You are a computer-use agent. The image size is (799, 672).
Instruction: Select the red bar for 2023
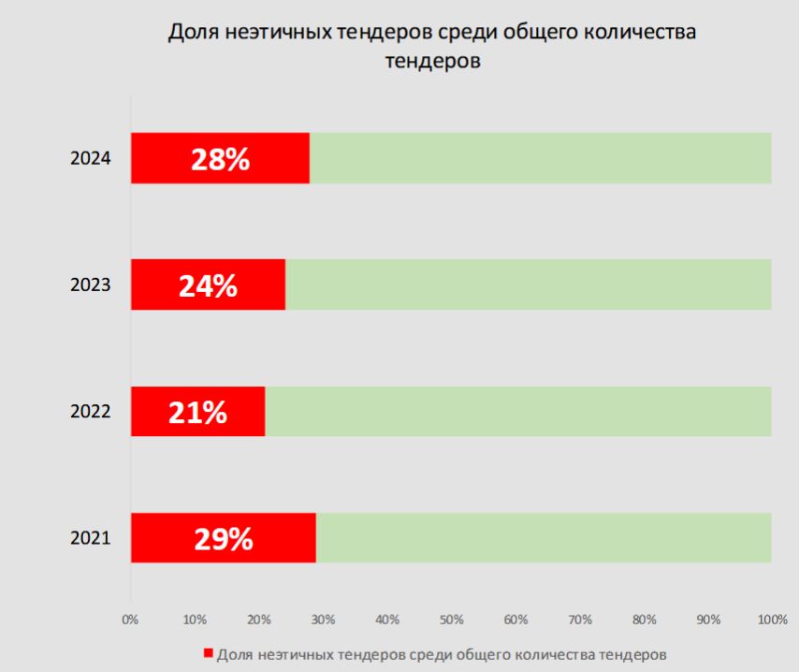pyautogui.click(x=150, y=285)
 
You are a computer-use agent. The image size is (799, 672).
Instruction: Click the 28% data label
pyautogui.click(x=220, y=159)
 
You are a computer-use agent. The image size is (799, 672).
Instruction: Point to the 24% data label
pyautogui.click(x=208, y=285)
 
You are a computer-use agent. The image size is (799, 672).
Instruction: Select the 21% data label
pyautogui.click(x=197, y=412)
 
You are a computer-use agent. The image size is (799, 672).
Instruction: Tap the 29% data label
pyautogui.click(x=224, y=538)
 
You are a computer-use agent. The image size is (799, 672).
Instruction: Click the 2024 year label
pyautogui.click(x=91, y=159)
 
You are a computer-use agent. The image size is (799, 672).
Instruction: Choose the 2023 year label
pyautogui.click(x=91, y=285)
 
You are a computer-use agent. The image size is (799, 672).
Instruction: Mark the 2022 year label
pyautogui.click(x=91, y=412)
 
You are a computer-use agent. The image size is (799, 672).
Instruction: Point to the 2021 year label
pyautogui.click(x=91, y=538)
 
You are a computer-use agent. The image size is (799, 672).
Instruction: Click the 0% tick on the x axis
pyautogui.click(x=130, y=619)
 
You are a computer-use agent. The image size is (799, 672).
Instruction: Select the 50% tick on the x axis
pyautogui.click(x=451, y=619)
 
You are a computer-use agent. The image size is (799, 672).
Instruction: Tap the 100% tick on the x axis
pyautogui.click(x=771, y=619)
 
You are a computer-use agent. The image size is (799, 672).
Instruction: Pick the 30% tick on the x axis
pyautogui.click(x=323, y=619)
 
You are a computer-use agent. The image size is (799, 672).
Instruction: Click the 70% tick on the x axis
pyautogui.click(x=579, y=619)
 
